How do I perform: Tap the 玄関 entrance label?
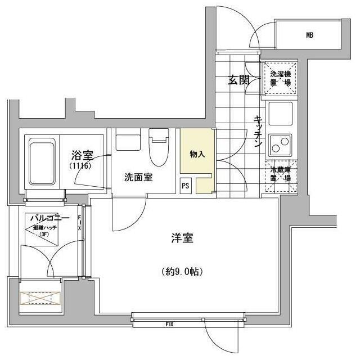pyautogui.click(x=238, y=80)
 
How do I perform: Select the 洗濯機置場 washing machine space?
pyautogui.click(x=280, y=78)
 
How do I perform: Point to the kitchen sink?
pyautogui.click(x=280, y=114)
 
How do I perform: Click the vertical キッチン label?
pyautogui.click(x=258, y=133)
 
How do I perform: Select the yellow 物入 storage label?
pyautogui.click(x=196, y=153)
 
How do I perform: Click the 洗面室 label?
pyautogui.click(x=138, y=177)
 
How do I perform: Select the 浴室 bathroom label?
pyautogui.click(x=82, y=154)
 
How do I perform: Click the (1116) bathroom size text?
pyautogui.click(x=80, y=166)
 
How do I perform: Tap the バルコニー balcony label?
pyautogui.click(x=49, y=218)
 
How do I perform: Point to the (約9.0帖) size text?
pyautogui.click(x=181, y=272)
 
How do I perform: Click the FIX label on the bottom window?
pyautogui.click(x=169, y=325)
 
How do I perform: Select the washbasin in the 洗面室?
pyautogui.click(x=128, y=141)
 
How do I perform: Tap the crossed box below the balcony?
pyautogui.click(x=40, y=298)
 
